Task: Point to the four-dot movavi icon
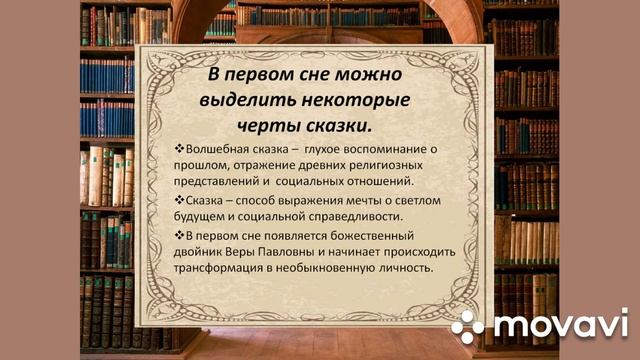(x=468, y=324)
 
